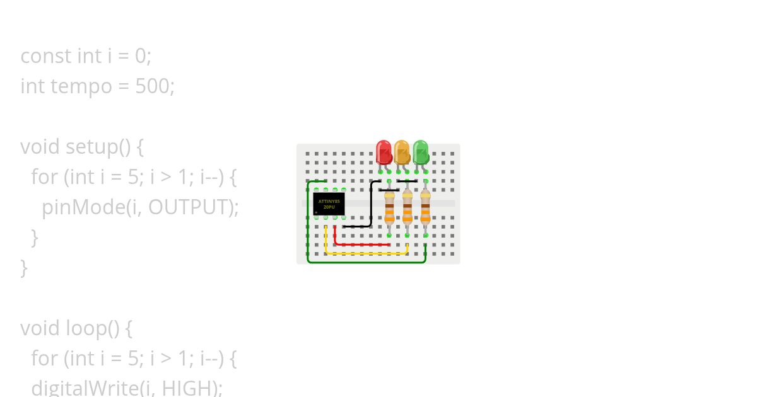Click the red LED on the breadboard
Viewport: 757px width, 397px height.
(384, 152)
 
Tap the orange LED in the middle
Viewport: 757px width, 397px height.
(402, 152)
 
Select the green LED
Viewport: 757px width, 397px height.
(420, 152)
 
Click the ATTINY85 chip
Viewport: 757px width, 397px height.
(329, 204)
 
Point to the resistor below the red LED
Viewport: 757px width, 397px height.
(389, 208)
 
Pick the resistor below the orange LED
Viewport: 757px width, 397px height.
(408, 208)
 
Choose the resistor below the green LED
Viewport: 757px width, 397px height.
(426, 208)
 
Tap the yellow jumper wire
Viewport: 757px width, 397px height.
(366, 253)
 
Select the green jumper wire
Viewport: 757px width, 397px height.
(366, 262)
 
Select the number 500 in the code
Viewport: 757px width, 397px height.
(152, 86)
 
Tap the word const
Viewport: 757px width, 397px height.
(45, 56)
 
